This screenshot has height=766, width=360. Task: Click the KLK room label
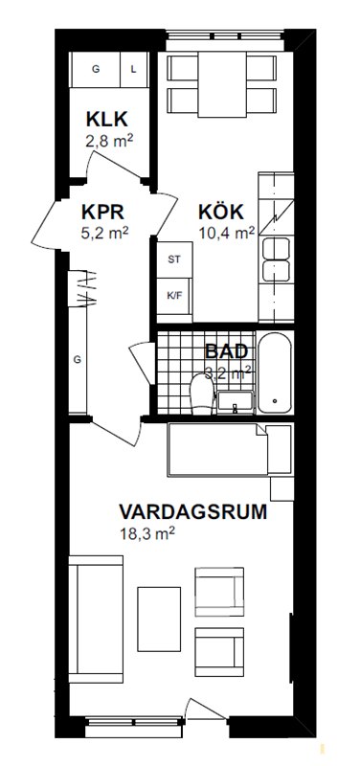point(107,119)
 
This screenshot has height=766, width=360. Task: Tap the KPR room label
point(103,213)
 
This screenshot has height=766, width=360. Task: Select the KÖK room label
point(221,213)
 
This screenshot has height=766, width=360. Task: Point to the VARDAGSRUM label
point(193,512)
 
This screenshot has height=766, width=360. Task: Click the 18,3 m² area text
point(147,533)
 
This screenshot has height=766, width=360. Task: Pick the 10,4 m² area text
point(227,233)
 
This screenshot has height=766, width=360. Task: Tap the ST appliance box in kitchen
point(174,259)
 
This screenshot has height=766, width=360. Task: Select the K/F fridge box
point(174,296)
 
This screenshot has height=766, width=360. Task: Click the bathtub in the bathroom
point(275,372)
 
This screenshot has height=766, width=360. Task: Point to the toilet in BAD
point(202,394)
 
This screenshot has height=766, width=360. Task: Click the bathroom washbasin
point(236,402)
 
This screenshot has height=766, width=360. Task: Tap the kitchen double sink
point(276,259)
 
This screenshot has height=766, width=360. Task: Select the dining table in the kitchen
point(222,84)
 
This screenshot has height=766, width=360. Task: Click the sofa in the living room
point(96,619)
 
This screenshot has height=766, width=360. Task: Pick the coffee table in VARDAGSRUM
point(159,619)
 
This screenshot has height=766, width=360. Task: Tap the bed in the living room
point(230,449)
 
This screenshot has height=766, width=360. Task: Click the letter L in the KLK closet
point(133,69)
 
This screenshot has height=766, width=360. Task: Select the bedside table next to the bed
point(281,488)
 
